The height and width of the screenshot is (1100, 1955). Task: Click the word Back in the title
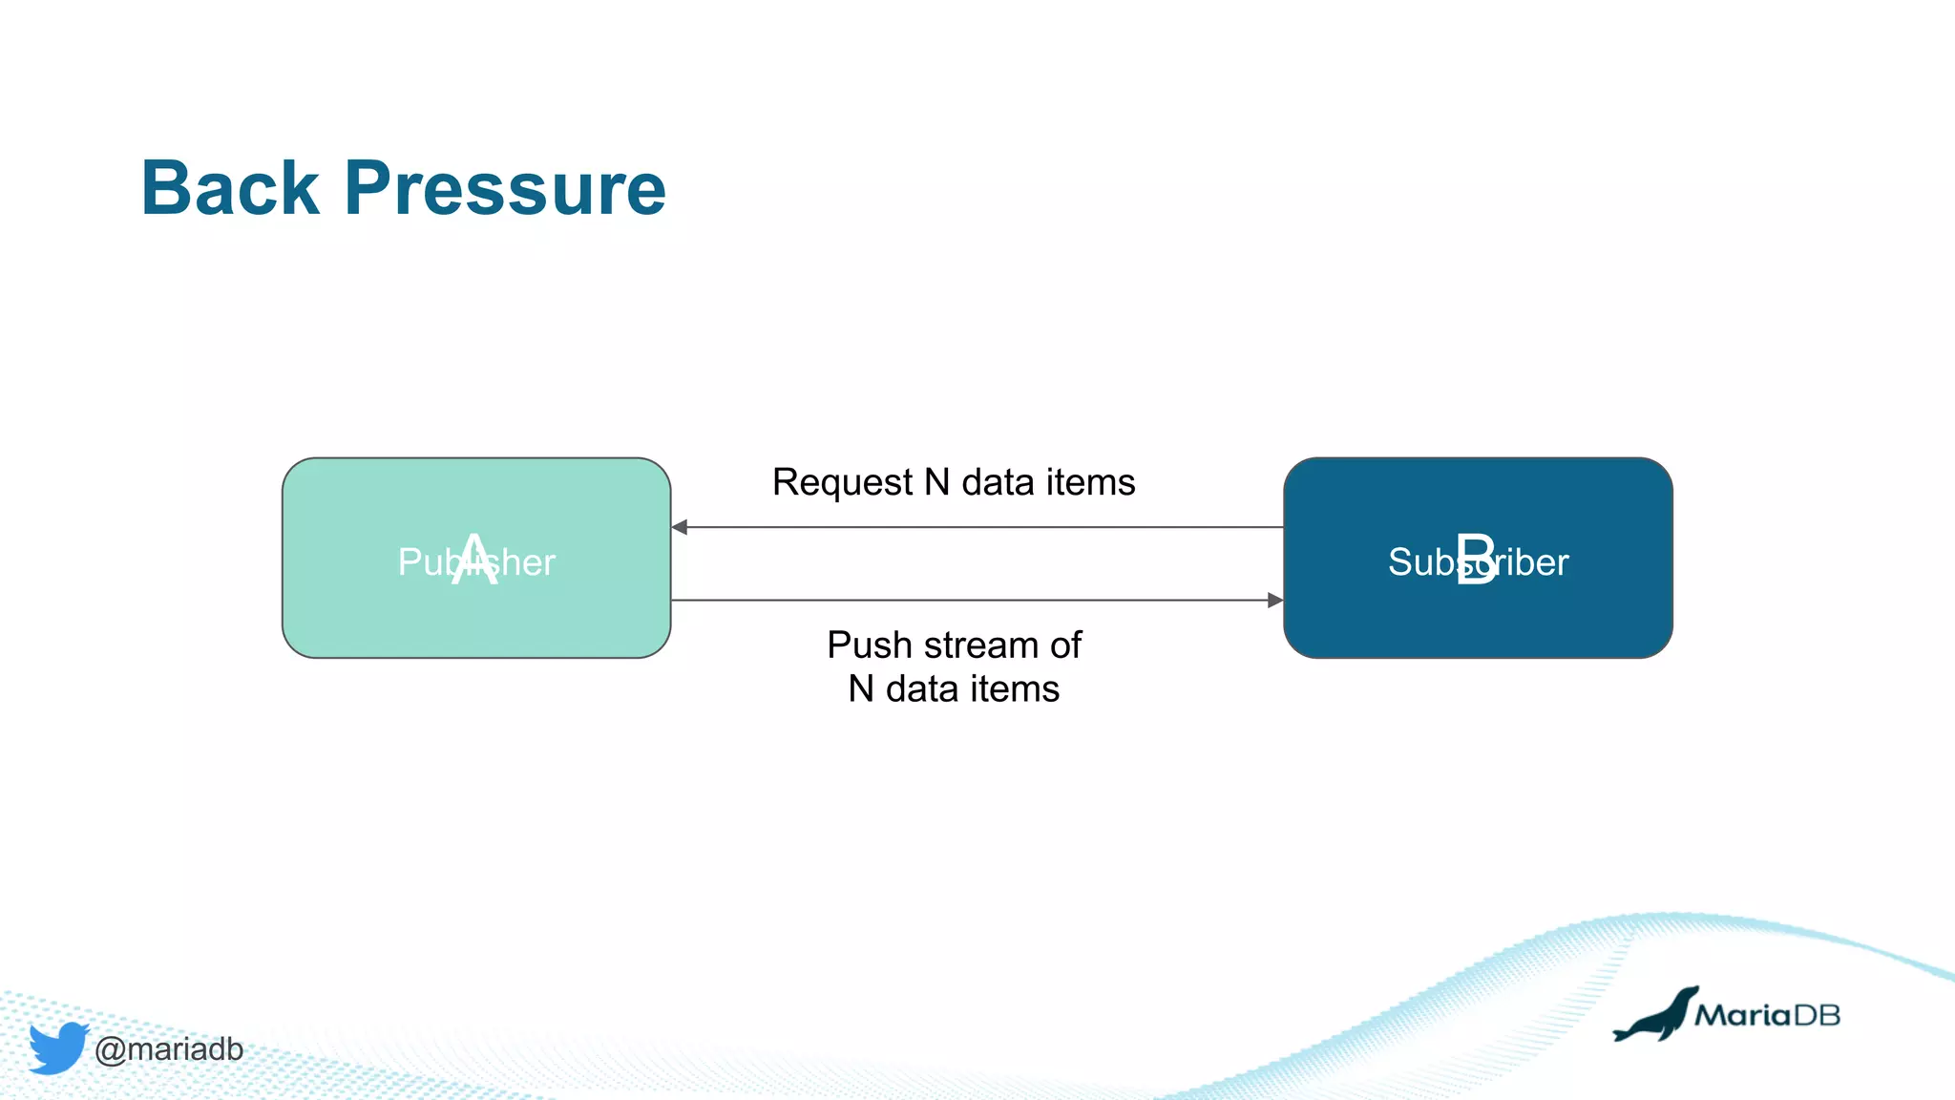(x=230, y=188)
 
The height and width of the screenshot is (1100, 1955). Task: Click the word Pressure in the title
(x=505, y=188)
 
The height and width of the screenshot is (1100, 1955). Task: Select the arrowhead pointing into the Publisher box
(x=680, y=527)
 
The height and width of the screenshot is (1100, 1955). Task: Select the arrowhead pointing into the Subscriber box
(x=1274, y=601)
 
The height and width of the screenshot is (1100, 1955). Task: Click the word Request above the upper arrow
(x=842, y=483)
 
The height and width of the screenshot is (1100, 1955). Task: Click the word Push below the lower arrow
(x=869, y=645)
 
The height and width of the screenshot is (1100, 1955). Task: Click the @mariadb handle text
(x=169, y=1049)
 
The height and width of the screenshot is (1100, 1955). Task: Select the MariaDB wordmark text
(x=1767, y=1015)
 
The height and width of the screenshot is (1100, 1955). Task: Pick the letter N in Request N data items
(x=937, y=483)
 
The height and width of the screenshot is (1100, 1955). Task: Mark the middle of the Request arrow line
(x=977, y=527)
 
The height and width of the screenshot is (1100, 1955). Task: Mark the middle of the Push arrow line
(x=977, y=601)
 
